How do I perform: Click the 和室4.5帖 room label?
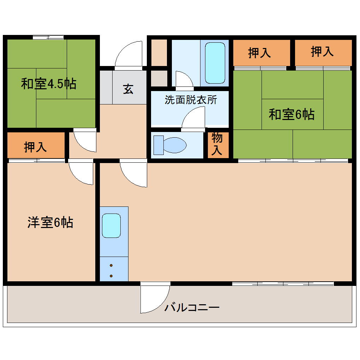pos(49,84)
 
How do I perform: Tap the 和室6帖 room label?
pos(292,114)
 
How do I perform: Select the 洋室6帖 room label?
pos(50,222)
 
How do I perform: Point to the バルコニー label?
pos(192,307)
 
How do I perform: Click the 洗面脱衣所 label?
pos(191,100)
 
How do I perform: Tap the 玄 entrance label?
pos(128,89)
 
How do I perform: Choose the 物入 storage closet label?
pos(217,144)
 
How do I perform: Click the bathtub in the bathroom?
pos(215,63)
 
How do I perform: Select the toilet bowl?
pos(175,145)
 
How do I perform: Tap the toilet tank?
pos(158,145)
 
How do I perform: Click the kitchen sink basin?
pos(111,226)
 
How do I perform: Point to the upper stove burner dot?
pos(111,265)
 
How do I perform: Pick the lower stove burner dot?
pos(111,276)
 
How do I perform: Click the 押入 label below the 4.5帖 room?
pos(35,147)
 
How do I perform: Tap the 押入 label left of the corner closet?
pos(259,53)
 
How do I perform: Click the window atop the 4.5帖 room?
pos(48,37)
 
